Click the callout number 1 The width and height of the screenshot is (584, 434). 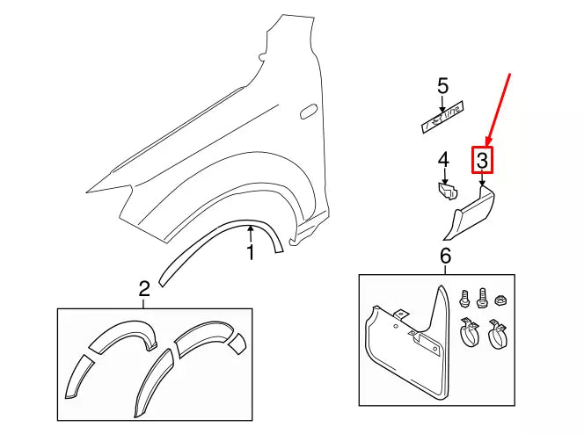250,254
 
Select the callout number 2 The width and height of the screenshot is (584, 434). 143,288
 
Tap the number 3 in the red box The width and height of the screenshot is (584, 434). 482,160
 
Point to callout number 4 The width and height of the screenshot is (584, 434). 443,160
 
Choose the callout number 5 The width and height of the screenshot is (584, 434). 442,86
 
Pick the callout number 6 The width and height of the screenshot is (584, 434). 444,256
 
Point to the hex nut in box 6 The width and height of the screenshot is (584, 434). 500,299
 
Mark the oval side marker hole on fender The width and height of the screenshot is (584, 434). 308,111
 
